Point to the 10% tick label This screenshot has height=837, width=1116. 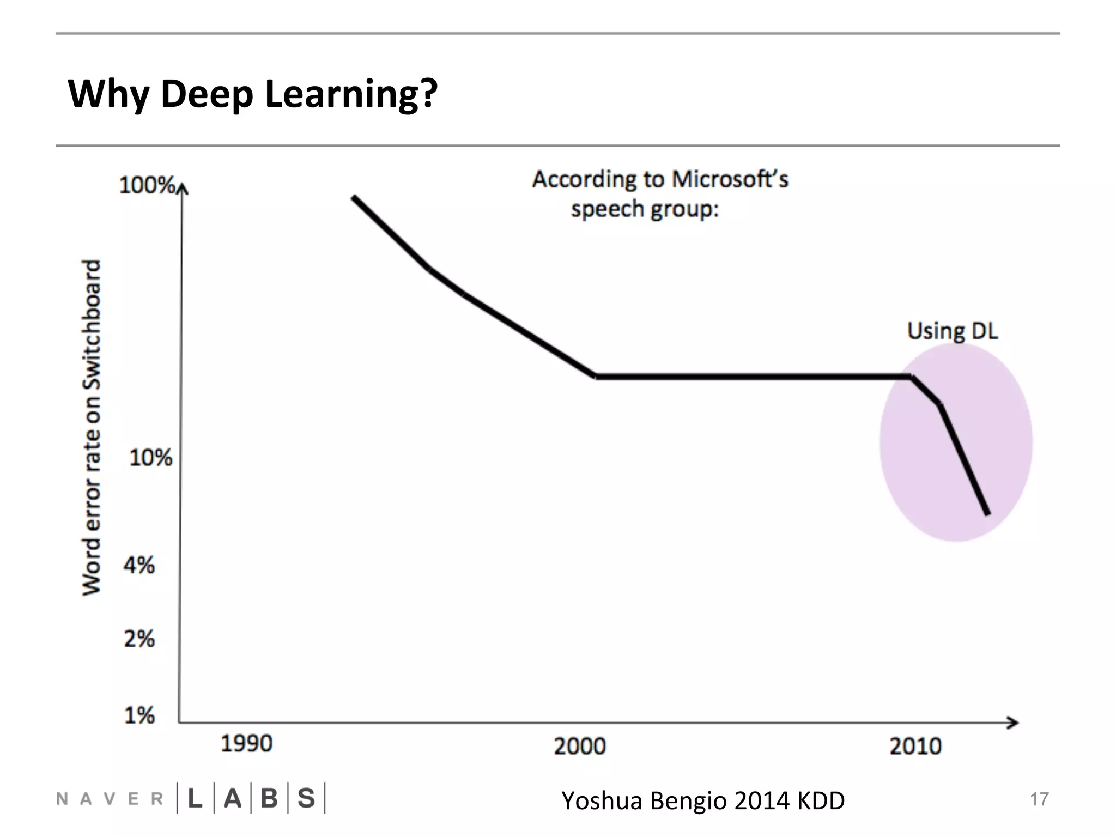(x=150, y=458)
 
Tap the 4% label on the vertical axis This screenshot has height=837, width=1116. (x=139, y=565)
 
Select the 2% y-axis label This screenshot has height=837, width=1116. (x=139, y=639)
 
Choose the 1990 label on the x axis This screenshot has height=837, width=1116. (x=246, y=744)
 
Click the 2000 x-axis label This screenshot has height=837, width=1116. (x=580, y=746)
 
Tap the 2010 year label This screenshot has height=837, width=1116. (x=915, y=746)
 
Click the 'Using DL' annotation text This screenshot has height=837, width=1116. (x=952, y=331)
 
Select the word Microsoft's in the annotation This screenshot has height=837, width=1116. (x=730, y=179)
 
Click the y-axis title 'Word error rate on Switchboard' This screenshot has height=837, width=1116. (x=92, y=428)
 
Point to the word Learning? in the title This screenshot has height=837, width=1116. (x=351, y=94)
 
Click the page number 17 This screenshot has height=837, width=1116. (x=1039, y=799)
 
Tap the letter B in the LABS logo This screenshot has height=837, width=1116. (x=269, y=798)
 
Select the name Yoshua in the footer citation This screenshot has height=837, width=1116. (x=602, y=800)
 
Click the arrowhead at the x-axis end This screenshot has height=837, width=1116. (x=1014, y=723)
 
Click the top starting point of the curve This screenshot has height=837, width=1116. (x=353, y=197)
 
